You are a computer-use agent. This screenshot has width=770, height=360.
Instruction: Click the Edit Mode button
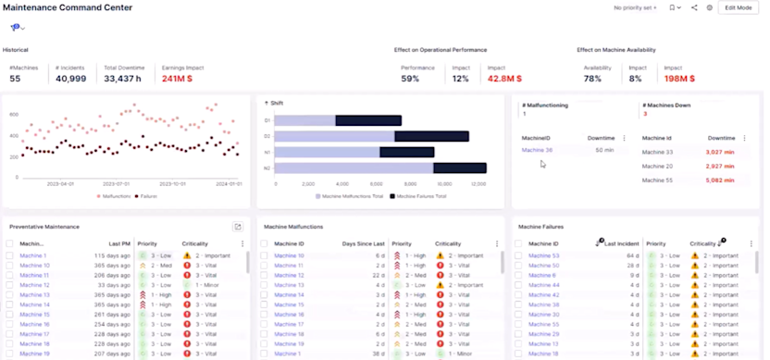point(738,7)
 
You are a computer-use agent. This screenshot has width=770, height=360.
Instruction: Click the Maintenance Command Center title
point(68,7)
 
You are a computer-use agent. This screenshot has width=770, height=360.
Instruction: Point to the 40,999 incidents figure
point(71,79)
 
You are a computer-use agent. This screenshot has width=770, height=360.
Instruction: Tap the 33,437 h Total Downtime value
point(121,79)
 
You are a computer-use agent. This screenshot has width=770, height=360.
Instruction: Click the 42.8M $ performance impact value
point(504,79)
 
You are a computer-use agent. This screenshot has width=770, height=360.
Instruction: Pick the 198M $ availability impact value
point(681,79)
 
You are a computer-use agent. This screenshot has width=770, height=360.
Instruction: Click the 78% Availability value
point(592,79)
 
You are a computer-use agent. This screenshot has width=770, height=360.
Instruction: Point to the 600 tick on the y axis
point(14,114)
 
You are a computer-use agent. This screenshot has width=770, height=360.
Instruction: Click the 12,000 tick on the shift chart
point(478,184)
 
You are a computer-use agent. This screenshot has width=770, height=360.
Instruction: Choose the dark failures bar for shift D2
point(431,136)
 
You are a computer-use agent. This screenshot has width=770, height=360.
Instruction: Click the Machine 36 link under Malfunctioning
point(537,150)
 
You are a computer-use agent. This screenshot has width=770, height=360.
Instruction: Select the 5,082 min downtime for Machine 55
point(719,180)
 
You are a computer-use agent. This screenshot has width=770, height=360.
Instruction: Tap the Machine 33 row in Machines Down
point(657,152)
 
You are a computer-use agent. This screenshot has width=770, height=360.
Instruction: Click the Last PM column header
point(118,243)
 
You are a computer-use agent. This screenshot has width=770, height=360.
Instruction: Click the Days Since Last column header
point(363,243)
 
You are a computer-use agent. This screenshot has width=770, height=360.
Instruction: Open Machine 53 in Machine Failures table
point(543,255)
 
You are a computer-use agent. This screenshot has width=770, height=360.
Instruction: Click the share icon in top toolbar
point(694,7)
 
